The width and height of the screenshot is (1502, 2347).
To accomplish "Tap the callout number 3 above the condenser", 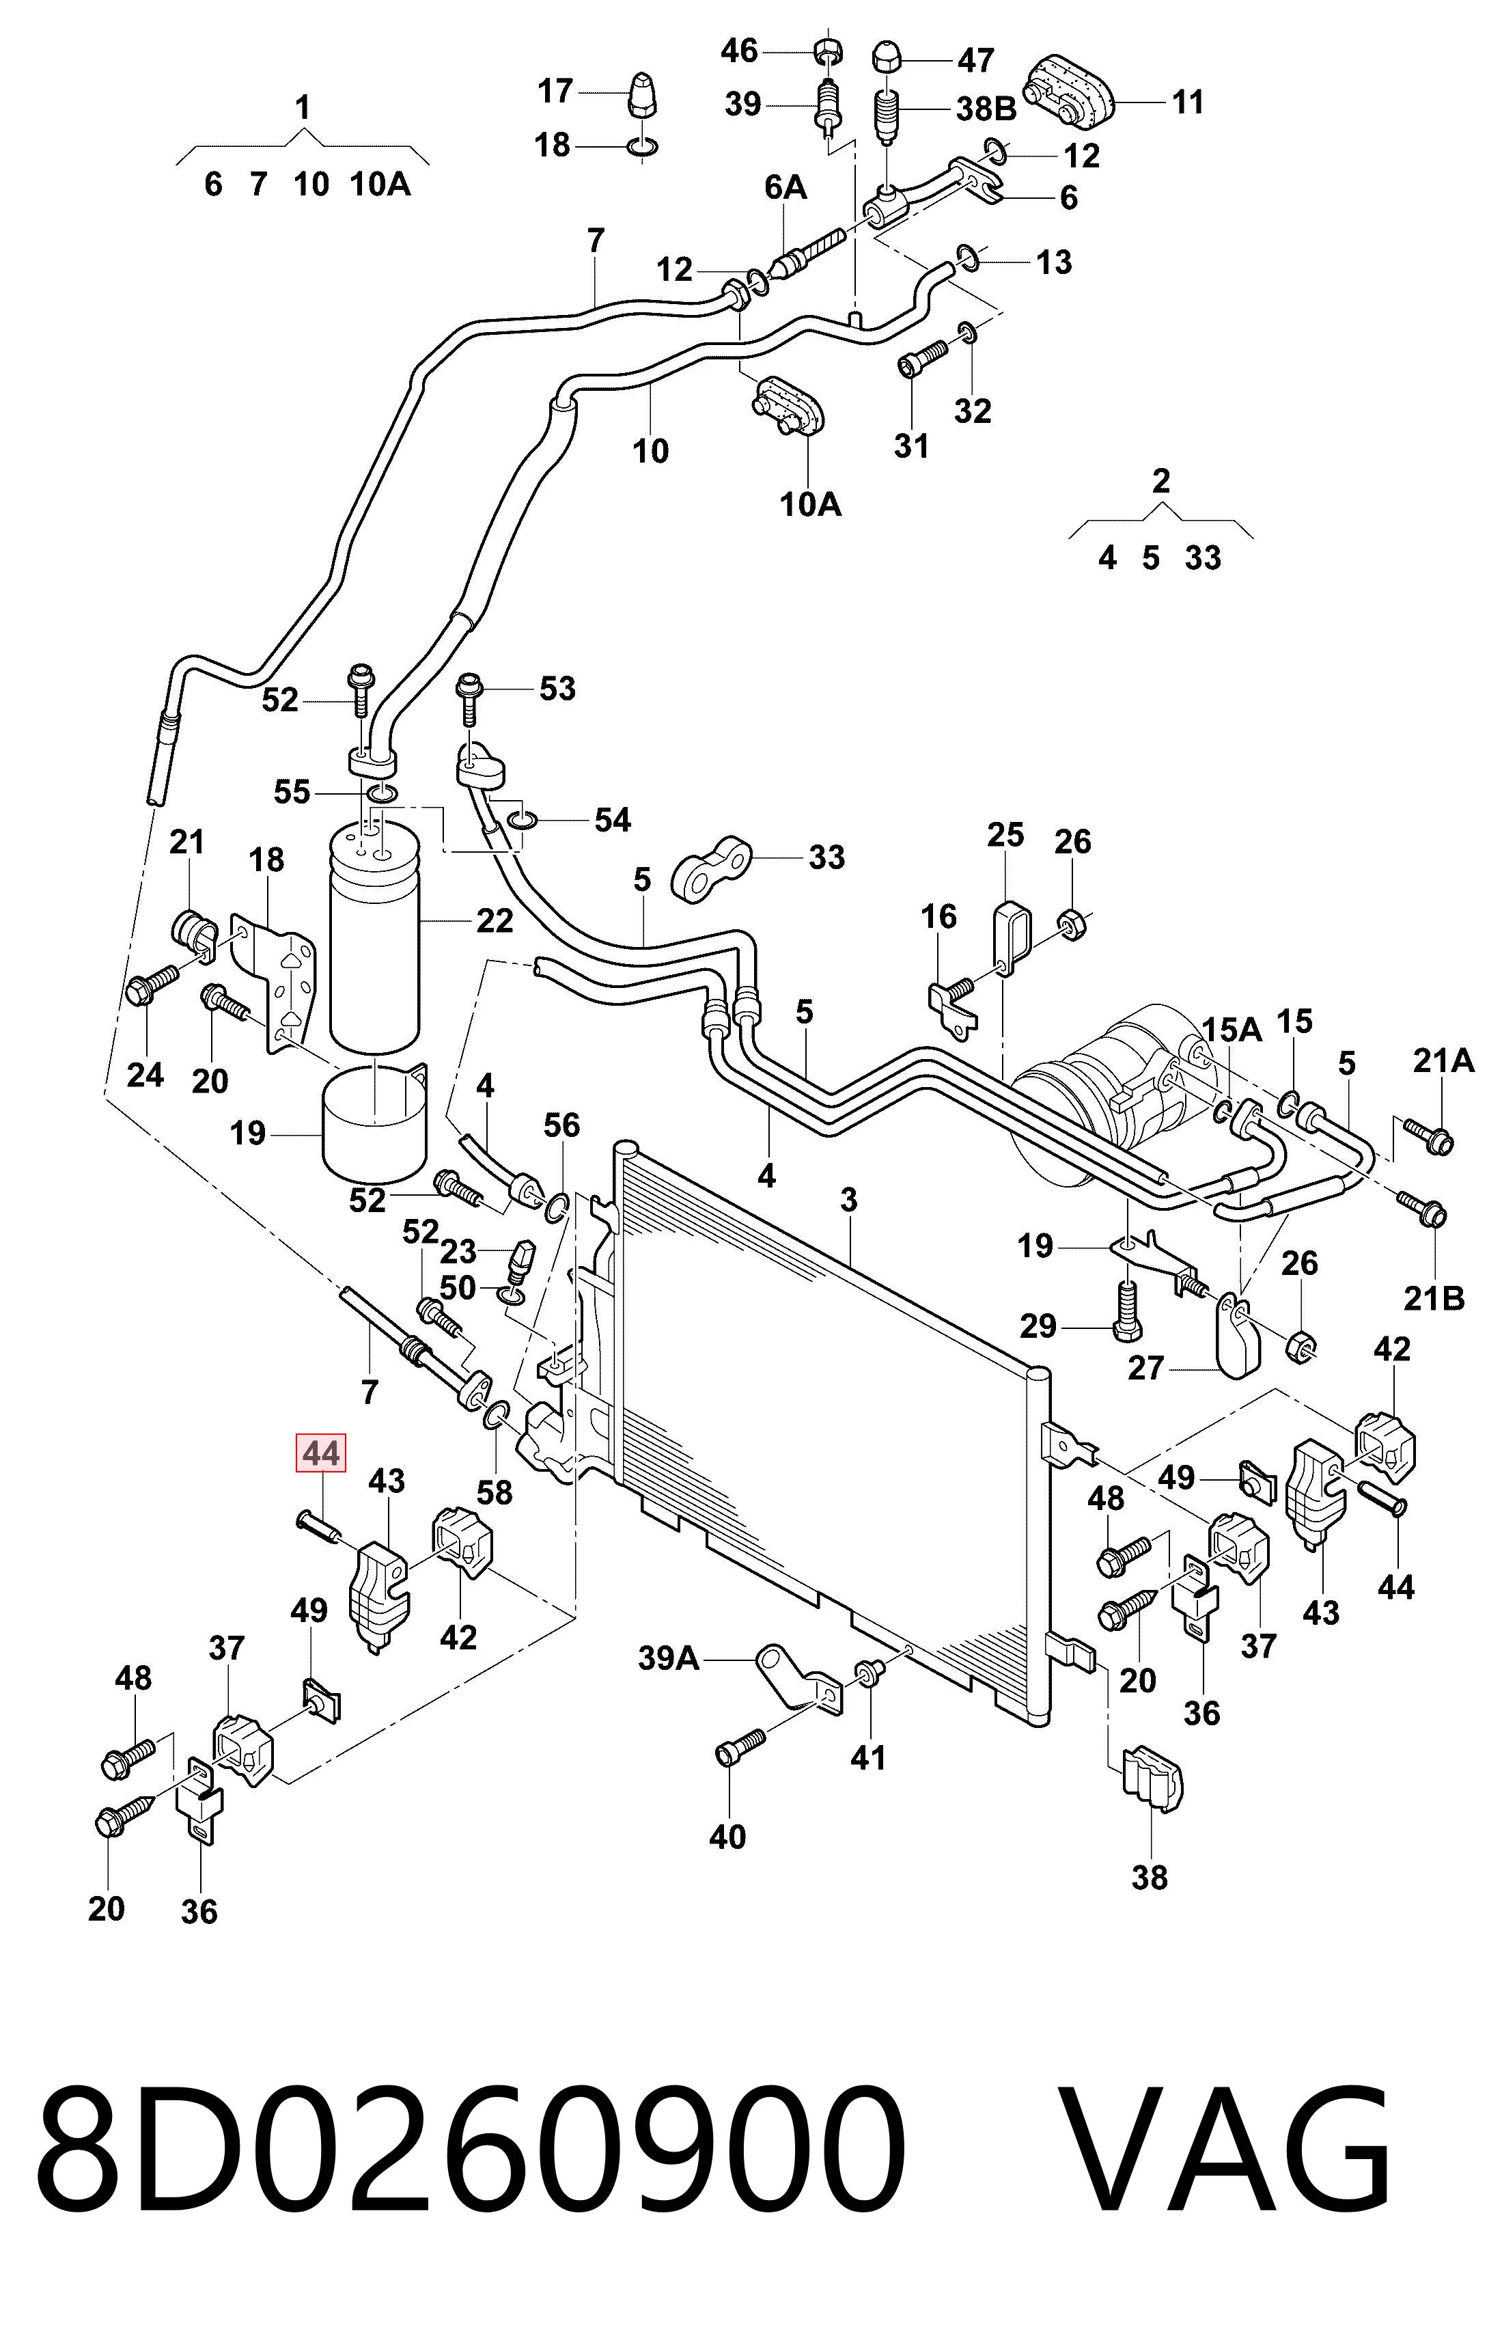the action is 848,1200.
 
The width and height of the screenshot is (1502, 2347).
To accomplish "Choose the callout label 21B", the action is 1434,1298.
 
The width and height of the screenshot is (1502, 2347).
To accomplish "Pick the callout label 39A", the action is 669,1658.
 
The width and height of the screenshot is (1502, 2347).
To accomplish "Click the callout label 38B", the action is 986,108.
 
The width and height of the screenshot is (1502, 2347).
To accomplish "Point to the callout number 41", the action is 868,1758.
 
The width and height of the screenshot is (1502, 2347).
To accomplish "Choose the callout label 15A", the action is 1232,1028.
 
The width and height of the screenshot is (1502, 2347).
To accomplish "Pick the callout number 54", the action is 613,819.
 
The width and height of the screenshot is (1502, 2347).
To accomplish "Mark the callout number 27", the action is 1146,1368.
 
